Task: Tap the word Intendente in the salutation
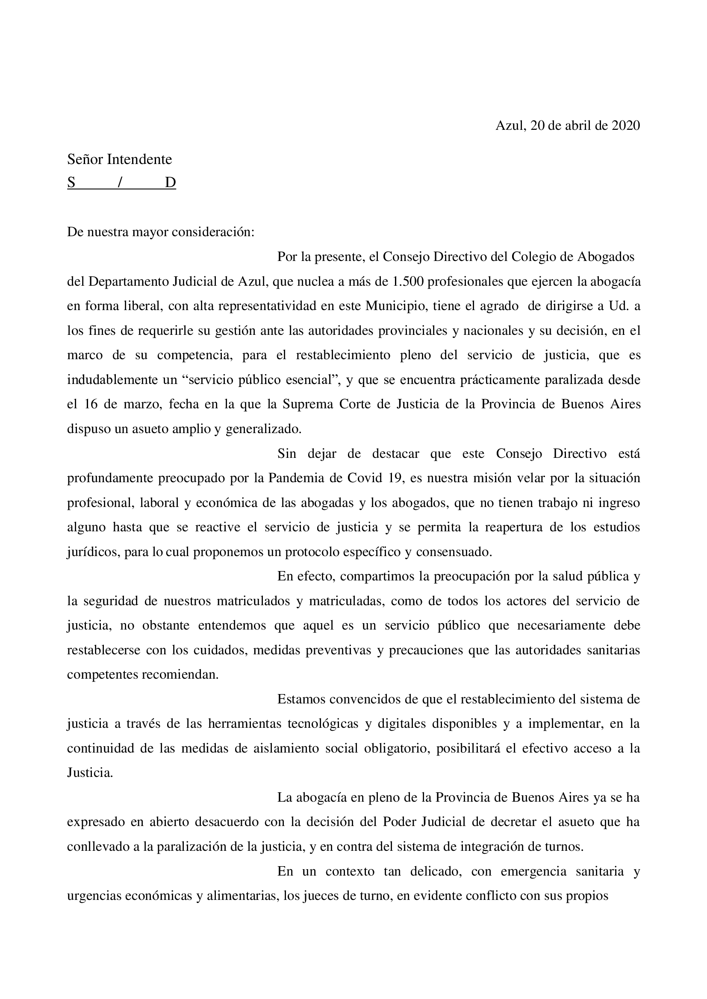pyautogui.click(x=139, y=160)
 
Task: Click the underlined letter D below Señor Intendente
pyautogui.click(x=170, y=182)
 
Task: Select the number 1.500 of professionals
pyautogui.click(x=409, y=282)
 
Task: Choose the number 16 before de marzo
pyautogui.click(x=91, y=404)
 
